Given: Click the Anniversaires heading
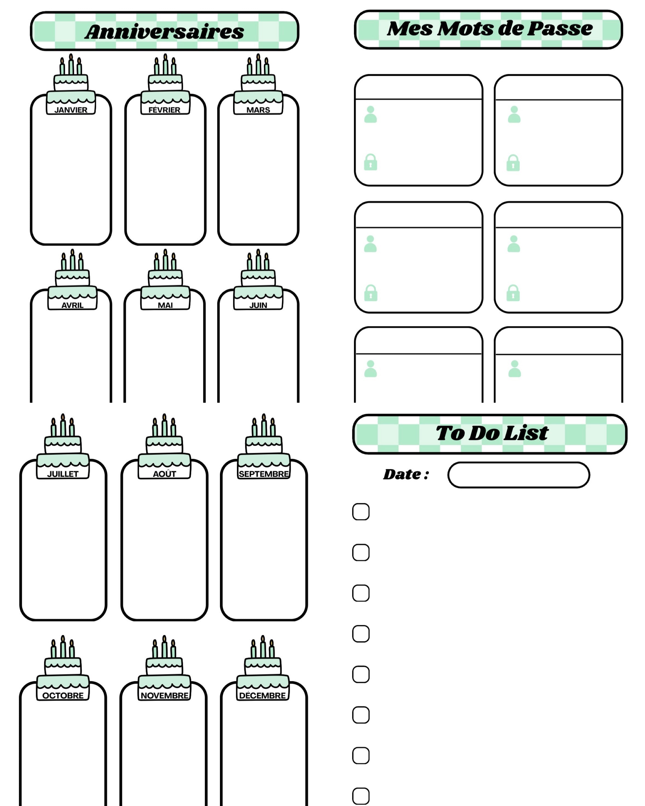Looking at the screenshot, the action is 164,32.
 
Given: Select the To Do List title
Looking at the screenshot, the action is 492,433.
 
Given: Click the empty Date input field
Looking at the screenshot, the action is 519,475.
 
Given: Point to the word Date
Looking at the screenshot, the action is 402,474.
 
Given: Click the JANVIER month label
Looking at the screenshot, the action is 71,110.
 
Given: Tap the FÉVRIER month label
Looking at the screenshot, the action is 164,110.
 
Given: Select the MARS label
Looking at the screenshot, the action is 258,110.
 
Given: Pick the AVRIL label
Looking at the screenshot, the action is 72,305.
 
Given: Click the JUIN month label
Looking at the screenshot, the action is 258,305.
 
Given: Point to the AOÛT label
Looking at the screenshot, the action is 164,474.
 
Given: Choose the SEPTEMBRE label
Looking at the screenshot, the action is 264,474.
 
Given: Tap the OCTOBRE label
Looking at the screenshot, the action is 63,695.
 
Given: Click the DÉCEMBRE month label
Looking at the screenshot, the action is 262,695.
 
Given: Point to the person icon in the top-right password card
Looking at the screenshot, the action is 514,114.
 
